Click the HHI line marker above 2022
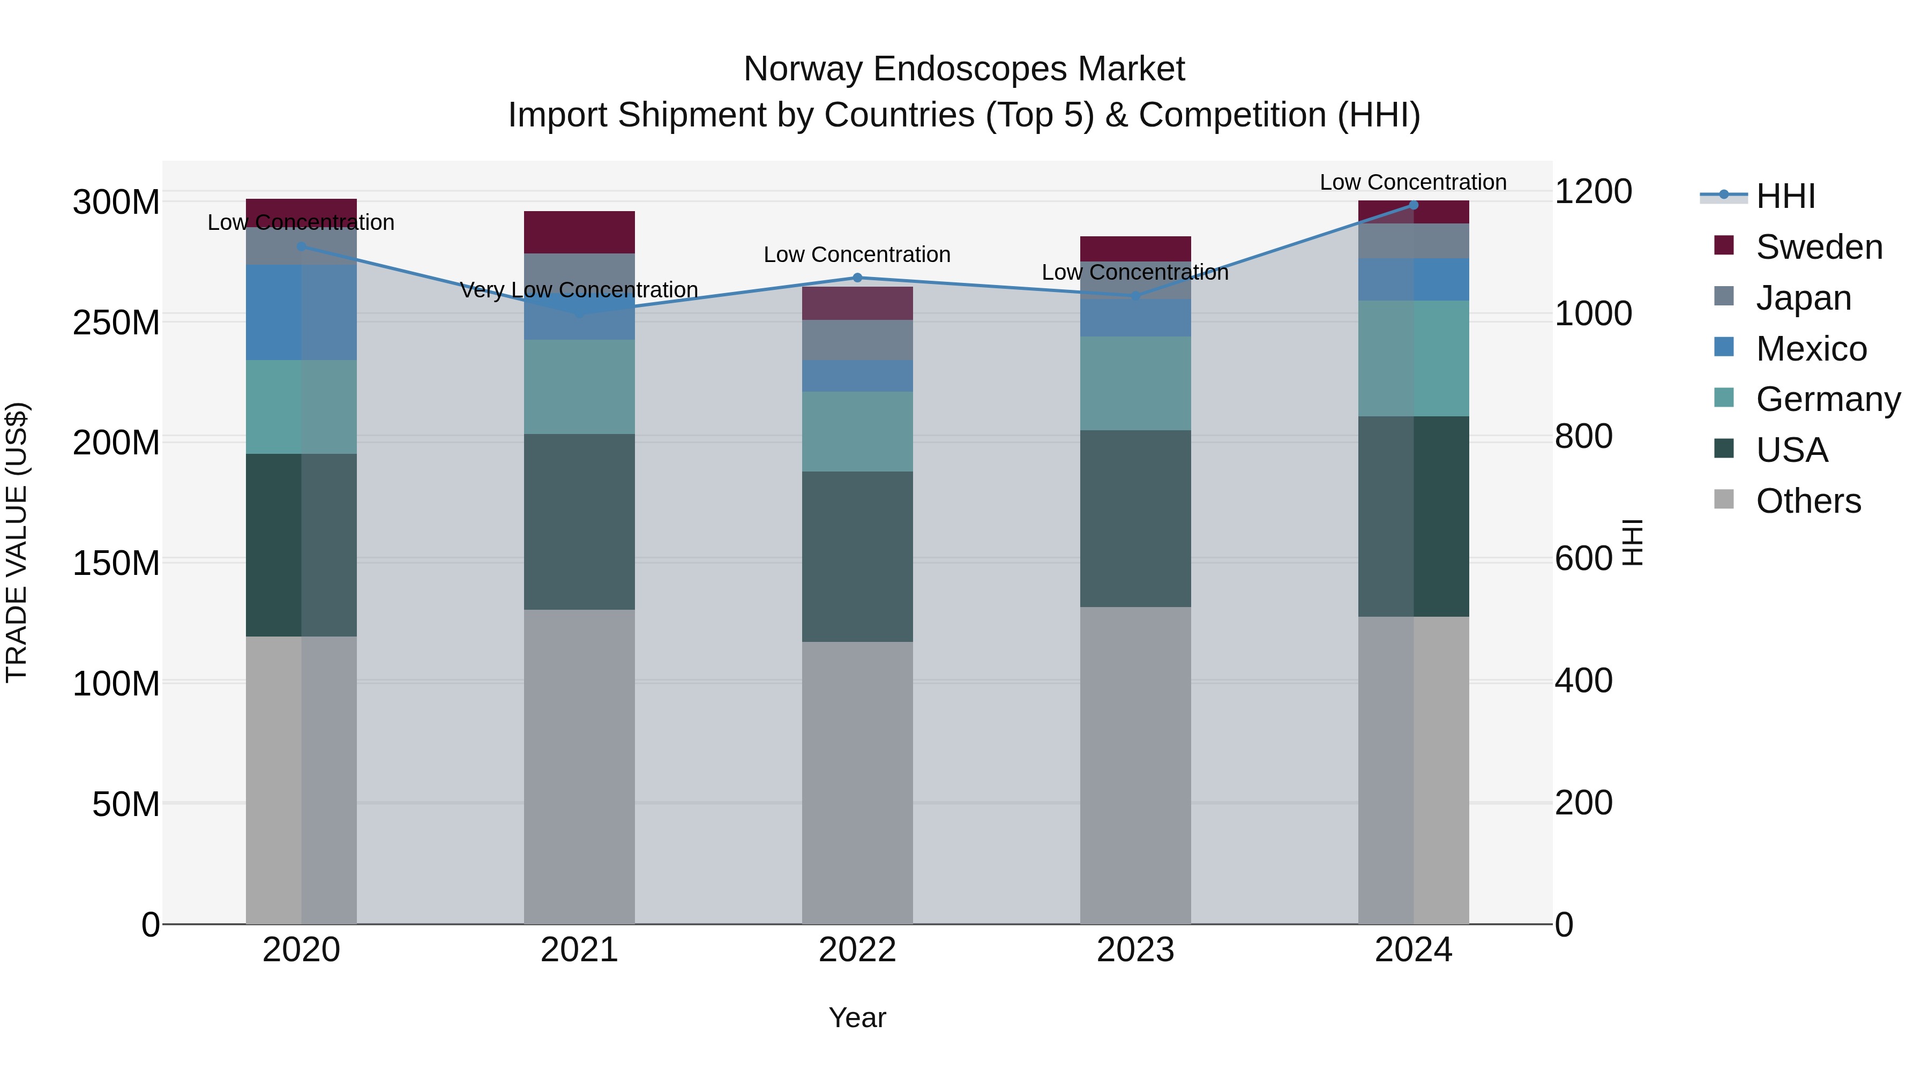pos(857,278)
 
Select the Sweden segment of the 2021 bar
pos(579,232)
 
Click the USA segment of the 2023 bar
pos(1135,518)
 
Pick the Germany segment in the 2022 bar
pos(857,431)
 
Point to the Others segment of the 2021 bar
pos(579,766)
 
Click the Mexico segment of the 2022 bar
pos(857,376)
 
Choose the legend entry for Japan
pos(1803,298)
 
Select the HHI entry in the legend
pos(1785,196)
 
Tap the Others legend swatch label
pos(1808,501)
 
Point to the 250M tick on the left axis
pos(116,323)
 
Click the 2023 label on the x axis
pos(1135,950)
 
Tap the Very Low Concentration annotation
pos(579,290)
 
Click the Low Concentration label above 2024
pos(1412,182)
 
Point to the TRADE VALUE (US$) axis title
pos(17,542)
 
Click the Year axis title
pos(857,1017)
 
